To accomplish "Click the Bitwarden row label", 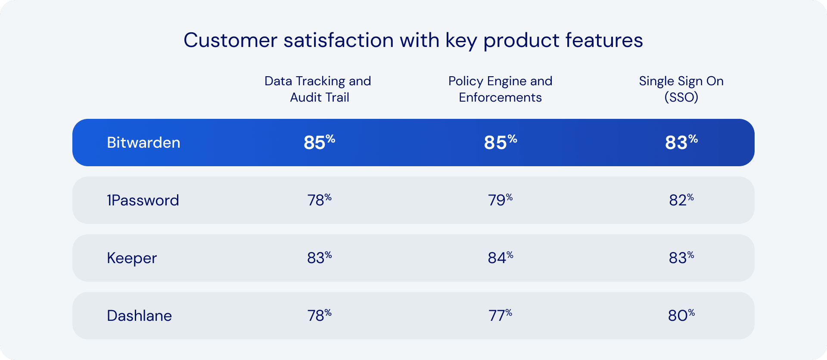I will tap(143, 143).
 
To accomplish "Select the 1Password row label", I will tap(143, 200).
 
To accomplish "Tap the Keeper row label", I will tap(132, 258).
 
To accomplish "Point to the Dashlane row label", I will tap(139, 316).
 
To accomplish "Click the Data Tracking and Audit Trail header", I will tap(318, 89).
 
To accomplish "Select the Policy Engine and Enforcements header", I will tap(500, 89).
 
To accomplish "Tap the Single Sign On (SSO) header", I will tap(681, 89).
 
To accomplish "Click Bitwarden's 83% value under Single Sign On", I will tap(681, 143).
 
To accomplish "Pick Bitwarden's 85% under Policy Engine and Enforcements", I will tap(500, 143).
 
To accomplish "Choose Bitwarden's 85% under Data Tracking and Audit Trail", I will tap(319, 143).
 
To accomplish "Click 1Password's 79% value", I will tap(500, 200).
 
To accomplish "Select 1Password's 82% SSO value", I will tap(681, 200).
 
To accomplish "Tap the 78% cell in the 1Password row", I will tap(319, 200).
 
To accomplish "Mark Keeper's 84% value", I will tap(500, 258).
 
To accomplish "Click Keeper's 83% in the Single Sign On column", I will tap(681, 258).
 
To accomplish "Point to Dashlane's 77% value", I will tap(500, 316).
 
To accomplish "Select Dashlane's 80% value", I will tap(681, 316).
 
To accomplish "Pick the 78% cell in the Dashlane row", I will tap(319, 316).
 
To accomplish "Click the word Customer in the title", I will tap(230, 40).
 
